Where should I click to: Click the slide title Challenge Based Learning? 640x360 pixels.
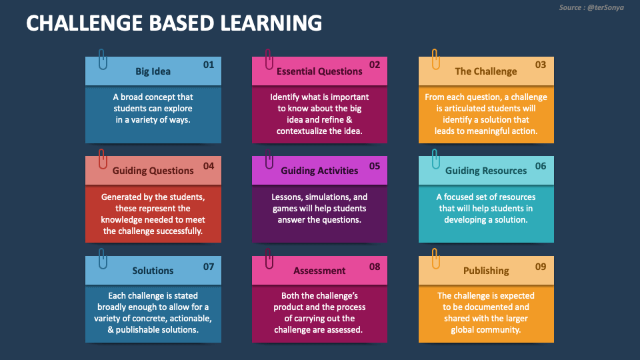coord(174,23)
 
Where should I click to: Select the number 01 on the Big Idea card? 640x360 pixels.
coord(209,65)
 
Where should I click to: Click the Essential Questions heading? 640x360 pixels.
coord(319,71)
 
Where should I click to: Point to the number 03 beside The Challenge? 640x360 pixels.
coord(541,65)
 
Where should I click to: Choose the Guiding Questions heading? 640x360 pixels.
coord(153,171)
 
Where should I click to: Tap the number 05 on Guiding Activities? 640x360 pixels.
coord(375,165)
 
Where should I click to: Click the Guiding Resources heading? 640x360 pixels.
coord(486,171)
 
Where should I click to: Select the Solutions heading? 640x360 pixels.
coord(153,271)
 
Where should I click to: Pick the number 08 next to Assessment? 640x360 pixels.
coord(375,266)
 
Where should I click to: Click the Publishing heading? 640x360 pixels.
coord(486,271)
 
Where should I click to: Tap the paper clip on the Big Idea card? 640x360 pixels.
coord(102,59)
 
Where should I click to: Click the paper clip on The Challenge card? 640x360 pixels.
coord(435,59)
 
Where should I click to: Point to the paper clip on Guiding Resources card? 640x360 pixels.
coord(435,159)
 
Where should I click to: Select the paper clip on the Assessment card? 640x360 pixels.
coord(269,258)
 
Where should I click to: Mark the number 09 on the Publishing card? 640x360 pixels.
coord(541,266)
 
